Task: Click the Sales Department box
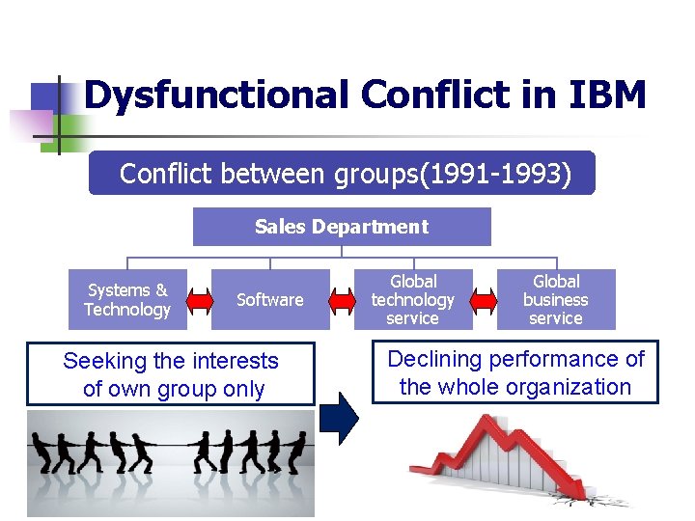[342, 227]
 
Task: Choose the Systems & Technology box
[126, 300]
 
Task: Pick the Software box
[270, 300]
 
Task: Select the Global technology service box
[412, 300]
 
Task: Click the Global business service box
[556, 300]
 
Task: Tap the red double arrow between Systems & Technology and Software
[199, 301]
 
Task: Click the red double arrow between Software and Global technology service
[342, 301]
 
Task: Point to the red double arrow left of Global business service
[485, 301]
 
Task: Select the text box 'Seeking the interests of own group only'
[171, 374]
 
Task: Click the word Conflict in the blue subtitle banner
[167, 174]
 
